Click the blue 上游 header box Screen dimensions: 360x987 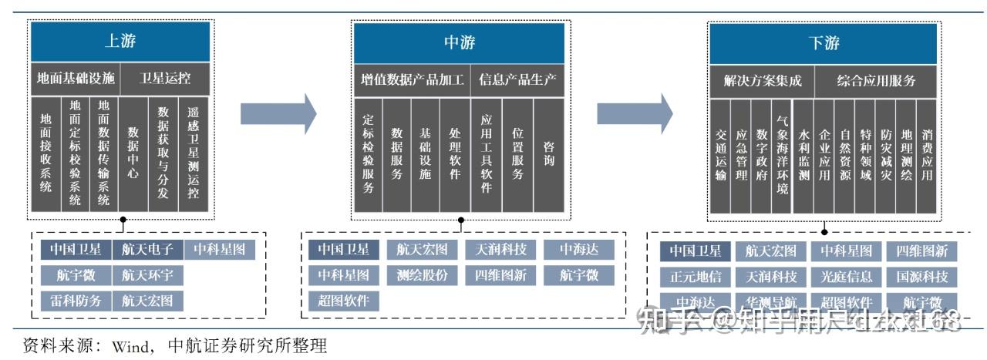coord(120,42)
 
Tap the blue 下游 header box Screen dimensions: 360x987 coord(824,42)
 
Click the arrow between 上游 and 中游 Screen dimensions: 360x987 coord(278,113)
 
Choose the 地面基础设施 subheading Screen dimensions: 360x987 coord(76,79)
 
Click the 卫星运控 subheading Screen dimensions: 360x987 coord(165,79)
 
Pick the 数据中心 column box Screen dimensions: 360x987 coord(133,153)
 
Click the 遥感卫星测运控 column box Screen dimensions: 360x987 coord(194,153)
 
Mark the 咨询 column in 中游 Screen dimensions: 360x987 coord(548,153)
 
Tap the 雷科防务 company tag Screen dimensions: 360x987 coord(76,301)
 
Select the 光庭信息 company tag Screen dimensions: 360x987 coord(847,276)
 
